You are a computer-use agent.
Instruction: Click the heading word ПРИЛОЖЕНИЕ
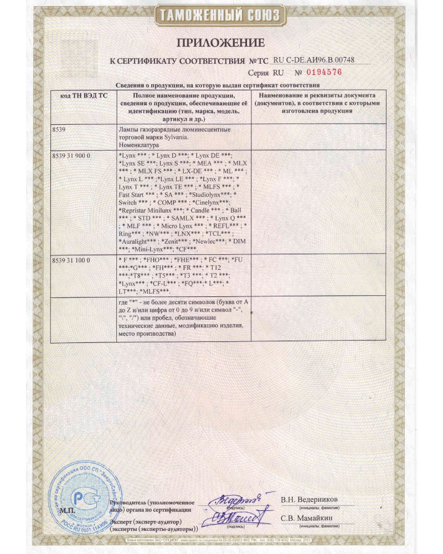click(x=221, y=43)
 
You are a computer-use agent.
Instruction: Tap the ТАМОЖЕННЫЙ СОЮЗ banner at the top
click(x=221, y=16)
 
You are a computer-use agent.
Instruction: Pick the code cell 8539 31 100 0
click(x=70, y=259)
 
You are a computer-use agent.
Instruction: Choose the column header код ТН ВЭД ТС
click(x=83, y=96)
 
